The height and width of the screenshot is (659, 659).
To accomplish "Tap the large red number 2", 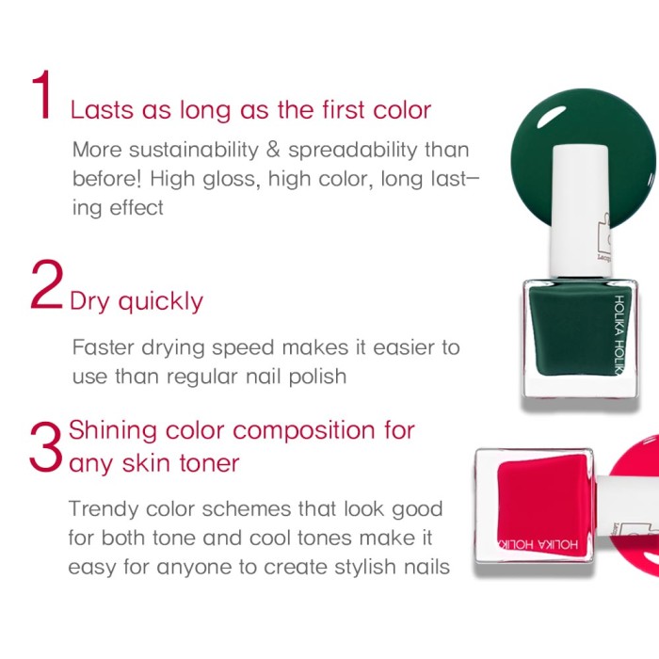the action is [47, 284].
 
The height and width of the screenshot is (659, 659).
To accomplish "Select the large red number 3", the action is [46, 447].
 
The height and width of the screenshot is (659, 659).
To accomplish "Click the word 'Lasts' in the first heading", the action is [102, 110].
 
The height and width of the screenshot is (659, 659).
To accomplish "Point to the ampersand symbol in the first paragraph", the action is [273, 150].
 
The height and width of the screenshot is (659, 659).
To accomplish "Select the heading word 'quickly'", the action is [161, 302].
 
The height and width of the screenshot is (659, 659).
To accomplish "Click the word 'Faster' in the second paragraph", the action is [103, 347].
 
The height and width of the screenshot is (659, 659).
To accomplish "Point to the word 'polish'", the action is [317, 377].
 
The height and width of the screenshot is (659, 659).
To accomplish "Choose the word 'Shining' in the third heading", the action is [112, 431].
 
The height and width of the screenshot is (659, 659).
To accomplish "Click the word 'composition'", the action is [303, 432].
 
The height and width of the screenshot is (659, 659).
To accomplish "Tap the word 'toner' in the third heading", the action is [209, 463].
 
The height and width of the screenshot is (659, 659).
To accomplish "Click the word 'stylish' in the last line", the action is [365, 568].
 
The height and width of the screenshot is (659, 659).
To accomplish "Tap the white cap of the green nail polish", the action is [581, 210].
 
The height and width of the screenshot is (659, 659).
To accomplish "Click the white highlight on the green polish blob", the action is [551, 115].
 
